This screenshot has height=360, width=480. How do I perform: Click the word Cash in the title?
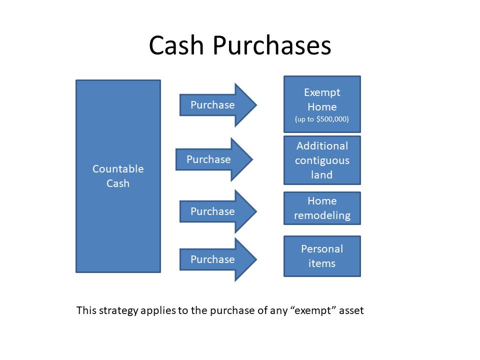pyautogui.click(x=176, y=45)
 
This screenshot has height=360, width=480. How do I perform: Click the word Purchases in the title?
pyautogui.click(x=272, y=45)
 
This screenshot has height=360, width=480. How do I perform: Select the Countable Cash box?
pyautogui.click(x=118, y=176)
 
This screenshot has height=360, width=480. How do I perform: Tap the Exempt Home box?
pyautogui.click(x=322, y=104)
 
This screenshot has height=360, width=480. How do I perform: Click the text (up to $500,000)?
pyautogui.click(x=321, y=119)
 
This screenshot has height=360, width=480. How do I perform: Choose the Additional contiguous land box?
pyautogui.click(x=322, y=160)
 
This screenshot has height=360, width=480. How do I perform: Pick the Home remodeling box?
pyautogui.click(x=322, y=208)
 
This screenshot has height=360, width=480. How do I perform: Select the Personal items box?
pyautogui.click(x=322, y=256)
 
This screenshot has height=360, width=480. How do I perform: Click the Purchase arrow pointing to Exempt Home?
pyautogui.click(x=218, y=105)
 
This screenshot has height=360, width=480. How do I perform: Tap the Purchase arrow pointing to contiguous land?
pyautogui.click(x=214, y=159)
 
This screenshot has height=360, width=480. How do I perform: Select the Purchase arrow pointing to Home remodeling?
pyautogui.click(x=218, y=211)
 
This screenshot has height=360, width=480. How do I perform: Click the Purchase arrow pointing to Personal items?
pyautogui.click(x=218, y=259)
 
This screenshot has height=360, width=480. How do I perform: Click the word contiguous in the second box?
pyautogui.click(x=322, y=160)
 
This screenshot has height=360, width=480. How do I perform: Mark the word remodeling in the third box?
pyautogui.click(x=322, y=215)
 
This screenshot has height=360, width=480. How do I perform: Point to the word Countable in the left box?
pyautogui.click(x=118, y=169)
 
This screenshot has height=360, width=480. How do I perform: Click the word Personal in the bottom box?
pyautogui.click(x=322, y=249)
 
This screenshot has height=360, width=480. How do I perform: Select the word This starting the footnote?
pyautogui.click(x=86, y=310)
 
